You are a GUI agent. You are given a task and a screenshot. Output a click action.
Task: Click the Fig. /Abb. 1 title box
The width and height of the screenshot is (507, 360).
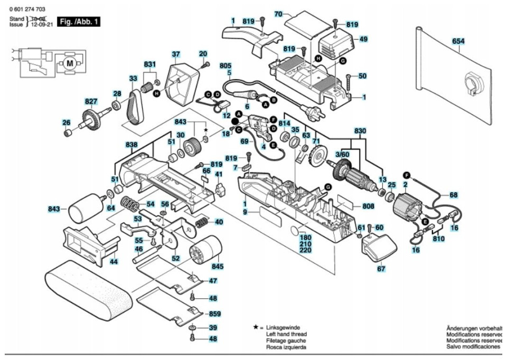(x=79, y=22)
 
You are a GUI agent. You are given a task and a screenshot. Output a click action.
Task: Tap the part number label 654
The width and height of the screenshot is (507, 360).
(x=458, y=41)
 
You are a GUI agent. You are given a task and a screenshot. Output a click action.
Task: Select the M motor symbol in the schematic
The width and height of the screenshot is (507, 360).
(x=70, y=63)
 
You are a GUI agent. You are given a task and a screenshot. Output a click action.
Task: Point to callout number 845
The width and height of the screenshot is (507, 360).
(x=217, y=267)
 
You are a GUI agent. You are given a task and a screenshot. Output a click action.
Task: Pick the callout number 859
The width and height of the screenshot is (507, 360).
(x=215, y=314)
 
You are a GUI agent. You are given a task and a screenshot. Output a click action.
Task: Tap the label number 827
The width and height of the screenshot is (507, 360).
(x=91, y=101)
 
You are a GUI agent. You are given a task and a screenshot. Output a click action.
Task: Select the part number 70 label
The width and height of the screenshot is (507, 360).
(x=278, y=14)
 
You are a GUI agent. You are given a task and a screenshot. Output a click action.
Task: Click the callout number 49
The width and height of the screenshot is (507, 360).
(x=363, y=39)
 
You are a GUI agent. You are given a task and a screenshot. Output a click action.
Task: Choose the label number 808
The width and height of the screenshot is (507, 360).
(x=368, y=206)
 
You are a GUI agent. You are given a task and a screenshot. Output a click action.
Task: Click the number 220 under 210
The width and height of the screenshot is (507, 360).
(x=305, y=250)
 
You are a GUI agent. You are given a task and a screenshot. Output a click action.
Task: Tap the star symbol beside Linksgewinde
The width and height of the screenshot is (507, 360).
(x=256, y=327)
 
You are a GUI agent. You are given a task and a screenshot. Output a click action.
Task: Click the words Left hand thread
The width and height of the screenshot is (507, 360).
(x=286, y=334)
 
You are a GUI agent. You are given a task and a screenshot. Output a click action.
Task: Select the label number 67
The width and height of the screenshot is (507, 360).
(x=381, y=269)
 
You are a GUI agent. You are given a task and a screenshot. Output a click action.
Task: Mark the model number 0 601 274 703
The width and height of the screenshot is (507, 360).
(x=27, y=10)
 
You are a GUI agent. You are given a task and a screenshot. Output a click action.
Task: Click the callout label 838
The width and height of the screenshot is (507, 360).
(x=132, y=145)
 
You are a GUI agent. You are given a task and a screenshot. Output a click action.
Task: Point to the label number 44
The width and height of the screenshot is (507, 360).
(x=114, y=261)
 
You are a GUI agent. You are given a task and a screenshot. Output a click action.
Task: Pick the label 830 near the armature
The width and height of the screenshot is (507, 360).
(x=360, y=131)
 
